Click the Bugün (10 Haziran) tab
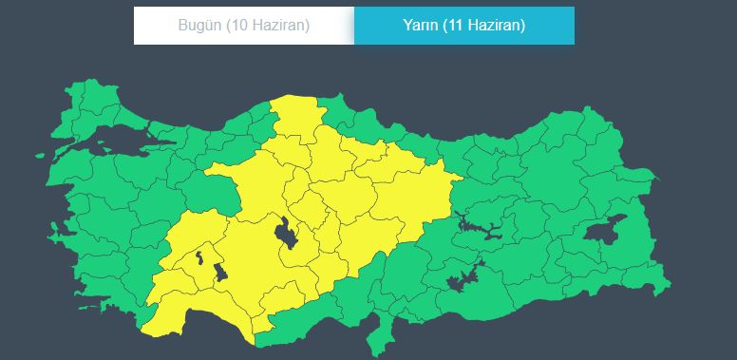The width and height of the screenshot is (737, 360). (243, 26)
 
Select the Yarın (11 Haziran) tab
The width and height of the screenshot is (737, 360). (463, 26)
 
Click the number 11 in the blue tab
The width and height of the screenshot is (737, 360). (463, 26)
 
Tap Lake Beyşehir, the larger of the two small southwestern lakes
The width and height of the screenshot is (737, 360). (221, 273)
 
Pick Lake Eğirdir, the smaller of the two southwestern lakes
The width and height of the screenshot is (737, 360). (199, 256)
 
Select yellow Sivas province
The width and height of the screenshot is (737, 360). (404, 185)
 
